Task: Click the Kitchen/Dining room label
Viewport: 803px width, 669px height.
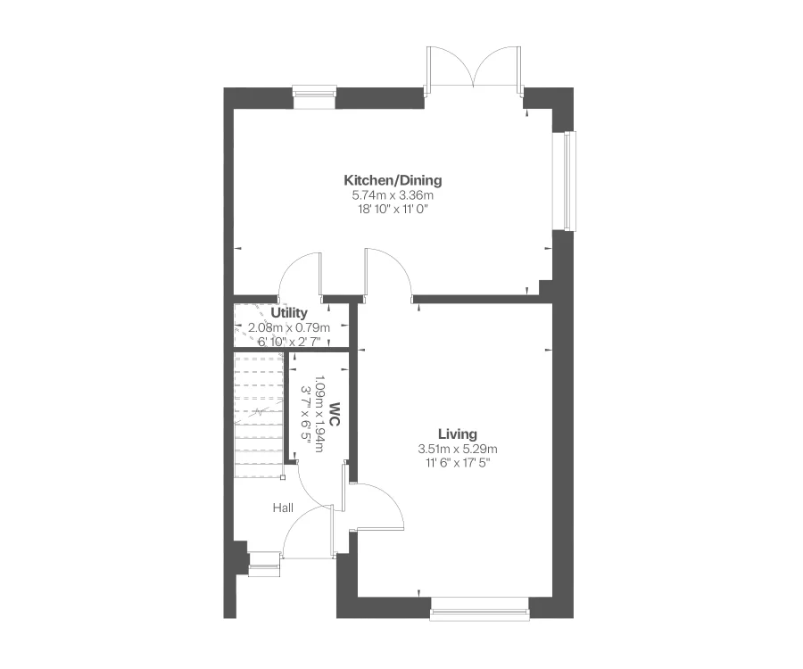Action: tap(393, 180)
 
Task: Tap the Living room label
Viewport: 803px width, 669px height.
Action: tap(458, 434)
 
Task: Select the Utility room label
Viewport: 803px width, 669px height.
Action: tap(289, 313)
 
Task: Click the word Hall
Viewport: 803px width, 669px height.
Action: tap(283, 508)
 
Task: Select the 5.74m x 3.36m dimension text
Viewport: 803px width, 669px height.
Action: tap(393, 195)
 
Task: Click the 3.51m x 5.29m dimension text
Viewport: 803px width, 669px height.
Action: tap(458, 449)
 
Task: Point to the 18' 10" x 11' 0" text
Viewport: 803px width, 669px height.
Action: tap(393, 210)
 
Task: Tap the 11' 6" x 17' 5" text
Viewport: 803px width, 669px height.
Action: tap(458, 463)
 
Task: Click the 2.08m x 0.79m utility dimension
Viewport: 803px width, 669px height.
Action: tap(289, 327)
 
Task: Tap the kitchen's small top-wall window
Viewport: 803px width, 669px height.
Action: tap(314, 95)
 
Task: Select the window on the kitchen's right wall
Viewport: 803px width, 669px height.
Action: tap(568, 180)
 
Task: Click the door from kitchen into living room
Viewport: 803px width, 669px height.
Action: tap(387, 272)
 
